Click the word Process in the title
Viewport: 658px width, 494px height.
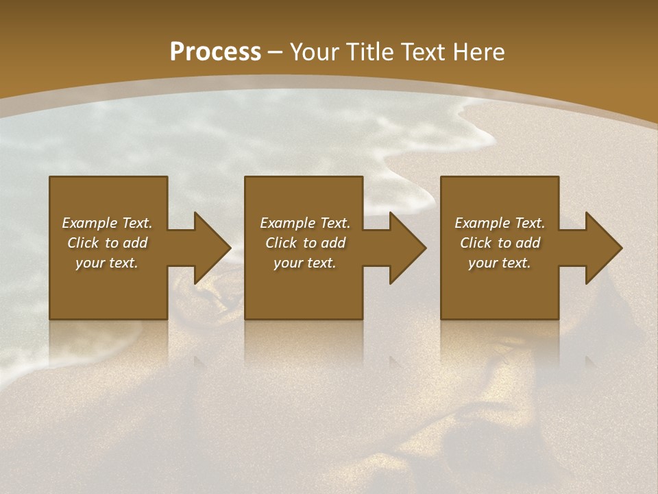[x=215, y=52]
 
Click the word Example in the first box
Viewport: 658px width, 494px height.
[x=89, y=223]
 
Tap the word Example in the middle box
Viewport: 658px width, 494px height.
[x=287, y=223]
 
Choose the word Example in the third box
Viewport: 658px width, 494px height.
[x=482, y=223]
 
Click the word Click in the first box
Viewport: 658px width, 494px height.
[x=83, y=243]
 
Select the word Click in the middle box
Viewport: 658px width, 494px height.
[x=281, y=243]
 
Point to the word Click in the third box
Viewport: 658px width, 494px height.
[x=476, y=243]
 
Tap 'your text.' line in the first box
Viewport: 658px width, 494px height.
[x=107, y=263]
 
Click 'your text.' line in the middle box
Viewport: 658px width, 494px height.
[x=305, y=263]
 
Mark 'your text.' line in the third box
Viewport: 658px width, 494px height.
[x=500, y=263]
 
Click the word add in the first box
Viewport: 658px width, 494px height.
[x=136, y=243]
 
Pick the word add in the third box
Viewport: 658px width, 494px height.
[x=528, y=243]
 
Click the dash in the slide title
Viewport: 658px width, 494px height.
[x=276, y=52]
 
